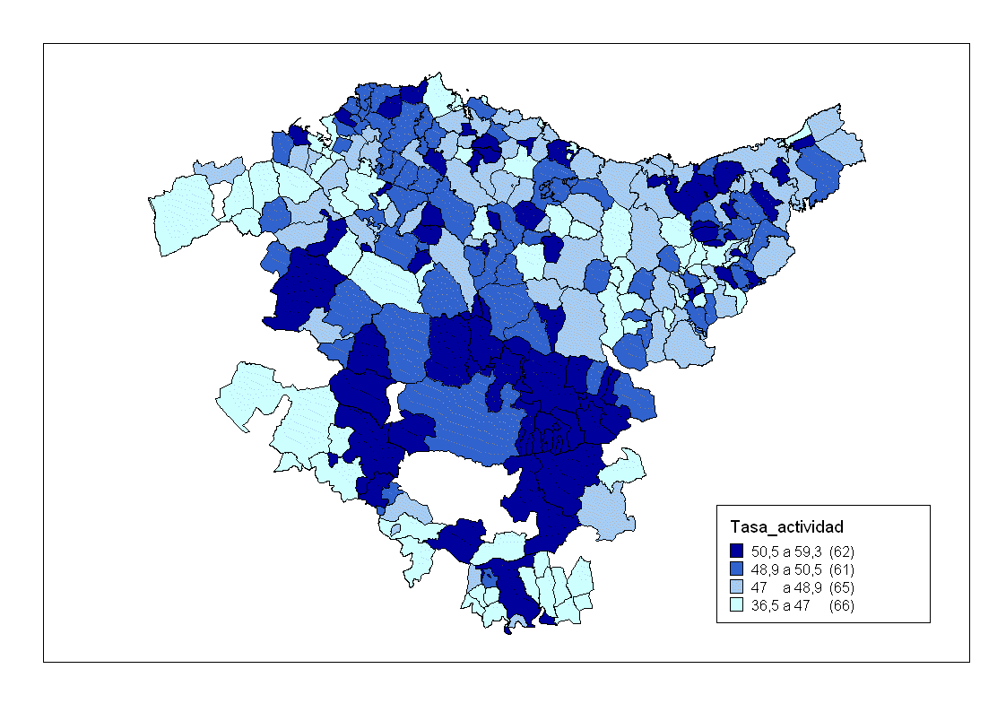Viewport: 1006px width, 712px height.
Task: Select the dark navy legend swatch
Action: (737, 551)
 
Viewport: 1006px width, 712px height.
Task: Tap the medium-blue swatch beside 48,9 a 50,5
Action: (737, 569)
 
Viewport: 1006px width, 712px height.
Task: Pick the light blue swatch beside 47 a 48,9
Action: (737, 587)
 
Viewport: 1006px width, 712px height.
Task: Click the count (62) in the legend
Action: (842, 551)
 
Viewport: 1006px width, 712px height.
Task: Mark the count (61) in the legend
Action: (842, 569)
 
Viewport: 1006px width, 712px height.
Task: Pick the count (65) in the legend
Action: (842, 587)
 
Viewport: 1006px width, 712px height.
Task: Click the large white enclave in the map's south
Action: (453, 484)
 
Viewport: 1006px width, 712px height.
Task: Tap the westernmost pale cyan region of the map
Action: (184, 215)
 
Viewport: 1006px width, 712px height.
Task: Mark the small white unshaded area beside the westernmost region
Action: (221, 198)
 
